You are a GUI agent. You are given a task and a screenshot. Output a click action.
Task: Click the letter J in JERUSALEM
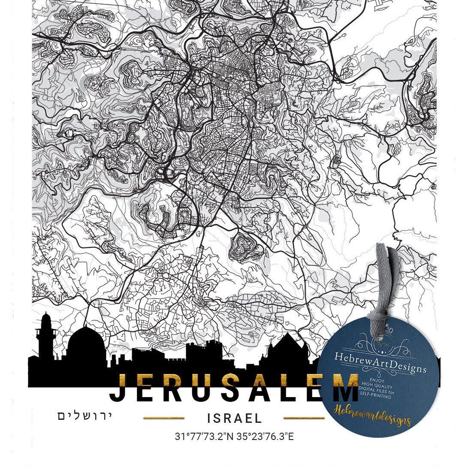120,387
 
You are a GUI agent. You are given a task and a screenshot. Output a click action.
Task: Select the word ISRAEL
234,418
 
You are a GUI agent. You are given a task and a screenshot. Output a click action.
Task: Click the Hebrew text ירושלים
85,416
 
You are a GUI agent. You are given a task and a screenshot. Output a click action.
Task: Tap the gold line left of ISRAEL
163,418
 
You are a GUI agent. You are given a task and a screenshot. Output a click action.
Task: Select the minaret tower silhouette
46,337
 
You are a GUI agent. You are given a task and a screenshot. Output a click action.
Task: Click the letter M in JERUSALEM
341,387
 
